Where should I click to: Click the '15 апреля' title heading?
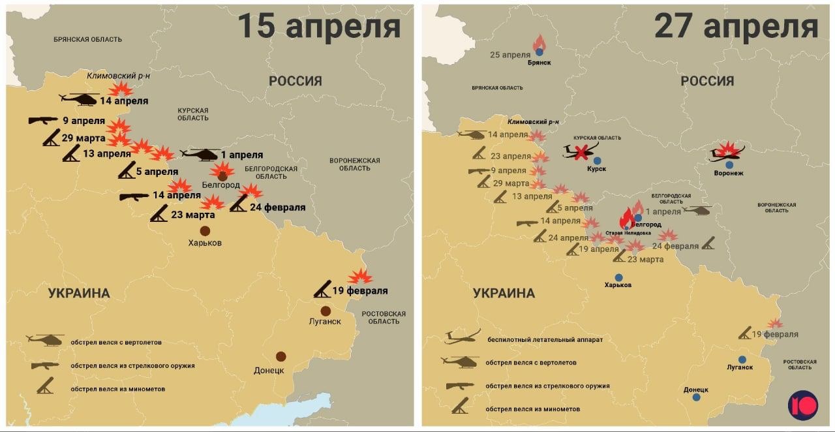tap(318, 27)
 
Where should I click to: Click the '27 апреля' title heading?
tap(736, 27)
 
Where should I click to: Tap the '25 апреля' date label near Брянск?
tap(510, 55)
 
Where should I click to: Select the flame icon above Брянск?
tap(539, 42)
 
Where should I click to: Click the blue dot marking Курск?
tap(597, 161)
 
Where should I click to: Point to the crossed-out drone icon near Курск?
tap(580, 152)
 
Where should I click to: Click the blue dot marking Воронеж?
tap(729, 165)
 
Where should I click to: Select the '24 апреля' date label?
tap(568, 238)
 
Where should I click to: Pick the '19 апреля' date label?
tap(599, 249)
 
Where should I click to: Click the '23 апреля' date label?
tap(510, 156)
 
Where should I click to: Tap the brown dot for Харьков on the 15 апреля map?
tap(205, 230)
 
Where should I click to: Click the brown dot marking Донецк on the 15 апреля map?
tap(281, 356)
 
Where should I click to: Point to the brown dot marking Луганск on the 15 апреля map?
tap(326, 311)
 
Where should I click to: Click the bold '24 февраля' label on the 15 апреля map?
tap(277, 208)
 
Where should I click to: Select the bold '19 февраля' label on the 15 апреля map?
tap(359, 291)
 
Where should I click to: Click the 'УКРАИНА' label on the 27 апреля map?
tap(504, 293)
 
